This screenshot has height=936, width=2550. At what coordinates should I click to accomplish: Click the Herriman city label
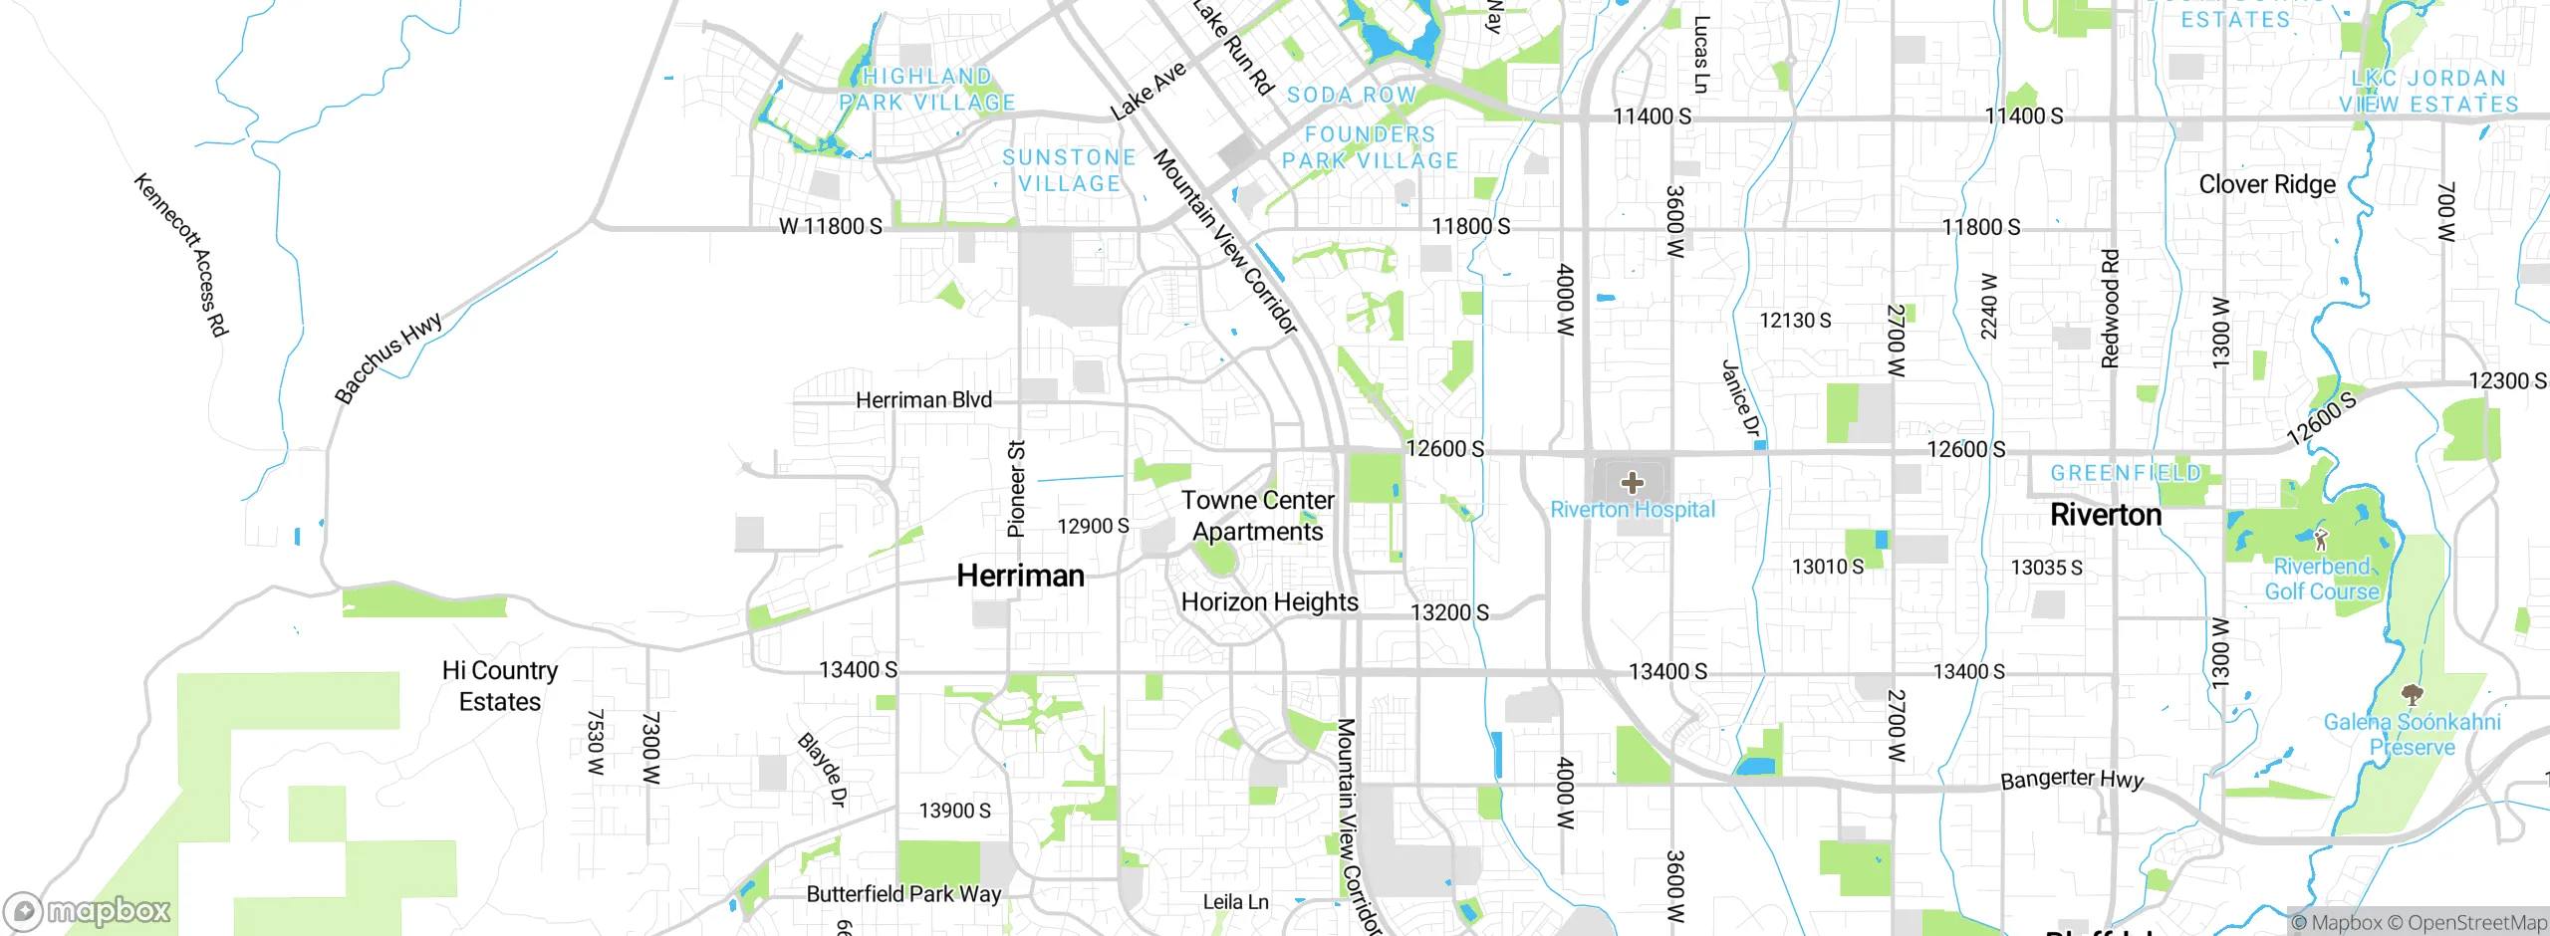click(1020, 576)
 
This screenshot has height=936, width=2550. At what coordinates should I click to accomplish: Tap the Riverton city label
click(2106, 515)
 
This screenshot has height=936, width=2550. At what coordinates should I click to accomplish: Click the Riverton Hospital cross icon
click(1632, 484)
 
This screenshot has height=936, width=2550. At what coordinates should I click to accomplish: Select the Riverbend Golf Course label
click(2321, 580)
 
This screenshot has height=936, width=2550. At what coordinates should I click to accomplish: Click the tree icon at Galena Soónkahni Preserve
click(2412, 694)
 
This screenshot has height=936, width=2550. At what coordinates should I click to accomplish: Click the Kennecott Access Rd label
click(181, 255)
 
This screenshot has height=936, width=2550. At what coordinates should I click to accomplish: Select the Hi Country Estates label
click(500, 686)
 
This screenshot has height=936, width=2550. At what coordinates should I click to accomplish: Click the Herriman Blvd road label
click(923, 400)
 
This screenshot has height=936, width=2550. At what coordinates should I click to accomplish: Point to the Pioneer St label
click(1016, 489)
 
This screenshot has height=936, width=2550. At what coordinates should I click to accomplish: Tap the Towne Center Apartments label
click(1257, 516)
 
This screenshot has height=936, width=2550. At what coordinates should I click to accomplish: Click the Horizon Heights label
click(1269, 602)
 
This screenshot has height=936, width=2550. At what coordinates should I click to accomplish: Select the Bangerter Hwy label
click(2072, 779)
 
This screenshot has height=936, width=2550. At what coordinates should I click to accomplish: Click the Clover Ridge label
click(2267, 185)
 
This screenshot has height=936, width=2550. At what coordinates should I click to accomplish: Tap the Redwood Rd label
click(2110, 309)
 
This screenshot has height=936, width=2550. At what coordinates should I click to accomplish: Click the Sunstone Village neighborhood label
click(1069, 170)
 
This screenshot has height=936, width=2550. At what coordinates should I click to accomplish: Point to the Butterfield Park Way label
click(903, 894)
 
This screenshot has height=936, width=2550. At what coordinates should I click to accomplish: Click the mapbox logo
click(88, 911)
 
